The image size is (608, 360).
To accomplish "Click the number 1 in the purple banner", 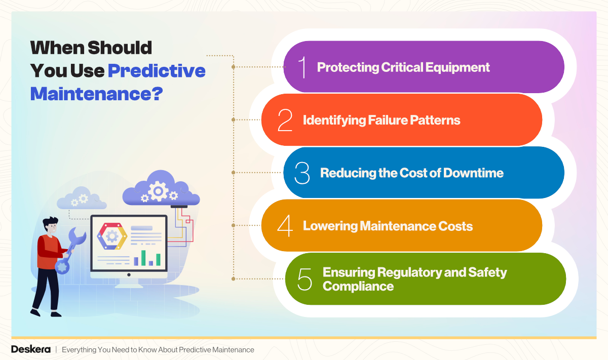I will point(303,67).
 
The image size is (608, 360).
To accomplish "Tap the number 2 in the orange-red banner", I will point(285,120).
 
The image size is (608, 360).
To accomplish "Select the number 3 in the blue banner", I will point(302,173).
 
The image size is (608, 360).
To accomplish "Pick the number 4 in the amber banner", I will point(285,226).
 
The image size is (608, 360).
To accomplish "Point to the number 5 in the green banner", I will point(305,279).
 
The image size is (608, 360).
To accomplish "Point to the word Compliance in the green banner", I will point(358,286).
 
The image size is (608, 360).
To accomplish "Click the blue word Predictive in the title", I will point(157,70).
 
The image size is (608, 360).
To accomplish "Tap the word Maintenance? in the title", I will point(96,94).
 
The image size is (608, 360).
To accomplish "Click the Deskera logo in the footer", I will point(30,349).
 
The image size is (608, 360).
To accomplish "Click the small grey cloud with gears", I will point(81,198).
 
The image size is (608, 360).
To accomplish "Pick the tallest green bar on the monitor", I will point(143,257).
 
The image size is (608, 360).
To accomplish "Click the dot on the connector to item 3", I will point(233,173).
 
